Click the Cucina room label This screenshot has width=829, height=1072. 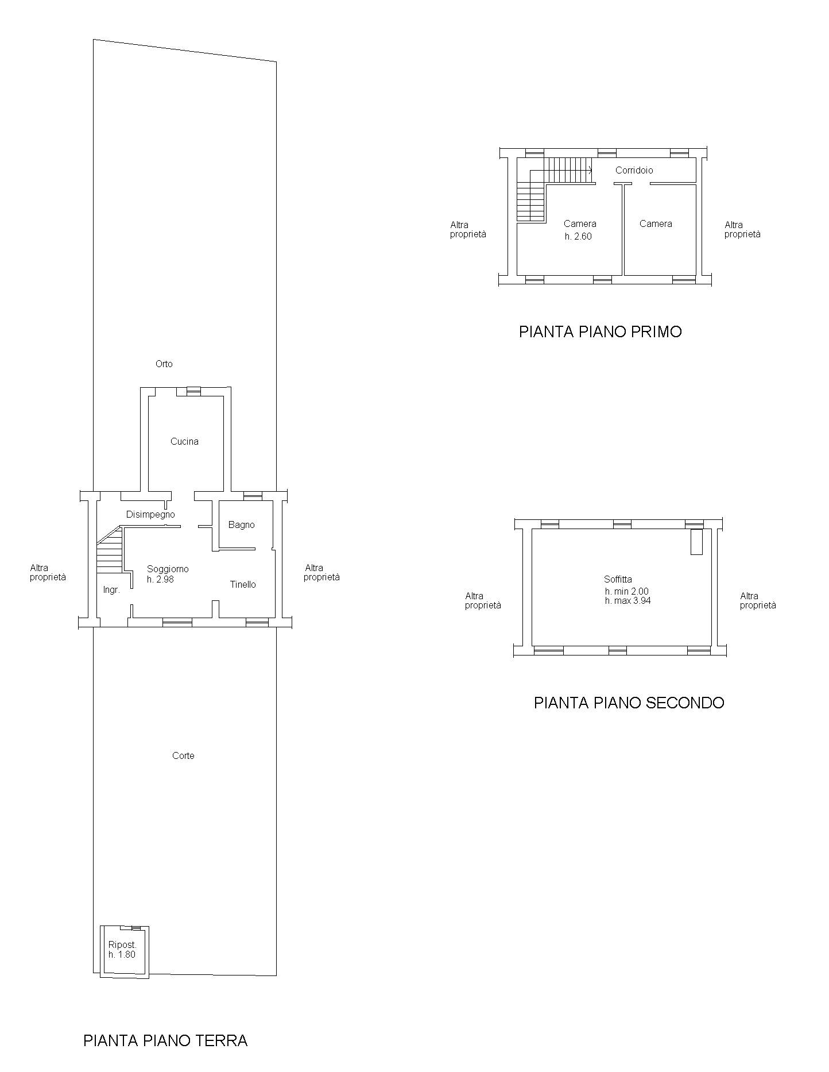tap(184, 441)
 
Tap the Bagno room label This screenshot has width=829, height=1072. tap(241, 525)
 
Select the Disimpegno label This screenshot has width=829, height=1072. tap(150, 515)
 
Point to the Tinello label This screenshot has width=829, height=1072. tap(243, 584)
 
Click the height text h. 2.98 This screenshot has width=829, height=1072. tap(160, 580)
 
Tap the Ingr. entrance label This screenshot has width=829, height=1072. tap(111, 590)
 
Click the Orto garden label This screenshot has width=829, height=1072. tap(164, 364)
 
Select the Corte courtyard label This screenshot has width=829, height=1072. tap(183, 755)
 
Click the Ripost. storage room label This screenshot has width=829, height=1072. tap(122, 945)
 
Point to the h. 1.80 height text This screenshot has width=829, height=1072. tap(122, 954)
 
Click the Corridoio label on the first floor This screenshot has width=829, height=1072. tap(634, 170)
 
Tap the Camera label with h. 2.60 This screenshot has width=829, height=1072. tap(580, 224)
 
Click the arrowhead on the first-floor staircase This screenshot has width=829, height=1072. tap(590, 169)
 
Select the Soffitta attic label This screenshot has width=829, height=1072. tap(618, 579)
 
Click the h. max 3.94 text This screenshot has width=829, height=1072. tap(627, 601)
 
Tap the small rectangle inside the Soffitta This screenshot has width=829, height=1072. tap(696, 542)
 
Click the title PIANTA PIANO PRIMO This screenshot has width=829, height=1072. tap(601, 332)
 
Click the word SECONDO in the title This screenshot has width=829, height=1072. tap(685, 703)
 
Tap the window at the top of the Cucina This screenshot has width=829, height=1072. tap(193, 391)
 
